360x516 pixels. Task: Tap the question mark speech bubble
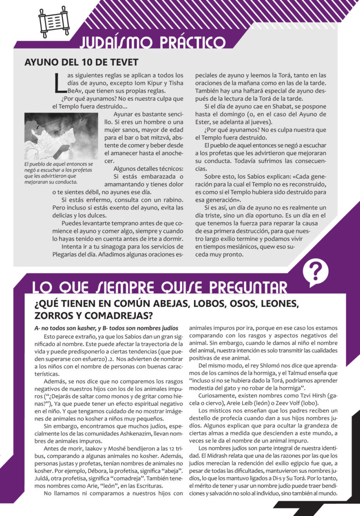[x=316, y=272]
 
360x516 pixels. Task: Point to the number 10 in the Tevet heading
[x=79, y=62]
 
